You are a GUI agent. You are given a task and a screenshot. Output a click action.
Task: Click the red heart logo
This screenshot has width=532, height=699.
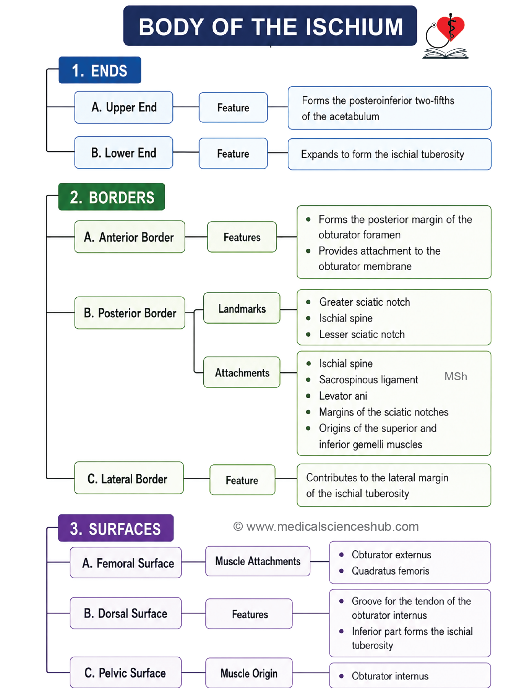(x=451, y=28)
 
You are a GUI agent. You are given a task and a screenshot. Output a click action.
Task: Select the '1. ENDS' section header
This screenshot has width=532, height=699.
(x=100, y=70)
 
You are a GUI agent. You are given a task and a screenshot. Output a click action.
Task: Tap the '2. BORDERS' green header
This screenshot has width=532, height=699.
(x=112, y=197)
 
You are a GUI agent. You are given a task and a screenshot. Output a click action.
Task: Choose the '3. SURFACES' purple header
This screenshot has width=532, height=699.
(x=116, y=528)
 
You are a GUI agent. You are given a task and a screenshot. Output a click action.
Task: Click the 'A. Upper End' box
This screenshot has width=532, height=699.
(x=124, y=107)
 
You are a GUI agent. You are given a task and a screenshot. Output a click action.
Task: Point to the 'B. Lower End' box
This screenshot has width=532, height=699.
(x=124, y=153)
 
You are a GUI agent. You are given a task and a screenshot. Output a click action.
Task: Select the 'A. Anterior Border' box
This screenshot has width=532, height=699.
(x=130, y=237)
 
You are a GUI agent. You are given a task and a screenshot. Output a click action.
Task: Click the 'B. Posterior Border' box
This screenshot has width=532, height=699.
(x=130, y=313)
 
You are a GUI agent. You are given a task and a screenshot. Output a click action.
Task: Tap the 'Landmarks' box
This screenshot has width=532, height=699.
(x=242, y=308)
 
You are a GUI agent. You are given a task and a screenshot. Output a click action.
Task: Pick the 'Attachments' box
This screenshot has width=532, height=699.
(x=242, y=373)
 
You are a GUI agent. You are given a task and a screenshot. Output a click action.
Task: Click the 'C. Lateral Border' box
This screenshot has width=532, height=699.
(x=129, y=478)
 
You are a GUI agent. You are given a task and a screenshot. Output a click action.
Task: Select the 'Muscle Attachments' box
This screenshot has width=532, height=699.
(x=258, y=561)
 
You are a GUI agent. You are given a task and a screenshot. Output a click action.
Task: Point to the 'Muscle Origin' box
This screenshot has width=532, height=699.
(x=249, y=673)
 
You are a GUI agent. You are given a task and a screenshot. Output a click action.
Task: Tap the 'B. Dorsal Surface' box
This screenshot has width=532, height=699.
(x=126, y=613)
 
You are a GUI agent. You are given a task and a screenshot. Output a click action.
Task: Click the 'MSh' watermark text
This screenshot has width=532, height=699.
(x=456, y=377)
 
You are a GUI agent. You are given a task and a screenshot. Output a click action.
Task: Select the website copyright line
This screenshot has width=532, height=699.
(x=326, y=527)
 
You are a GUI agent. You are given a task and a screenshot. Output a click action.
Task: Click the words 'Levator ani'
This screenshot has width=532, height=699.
(x=343, y=396)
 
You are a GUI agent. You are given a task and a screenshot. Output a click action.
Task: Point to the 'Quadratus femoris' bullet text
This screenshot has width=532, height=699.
(x=391, y=571)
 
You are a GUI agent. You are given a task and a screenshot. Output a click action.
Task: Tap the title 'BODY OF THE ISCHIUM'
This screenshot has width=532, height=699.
(x=270, y=26)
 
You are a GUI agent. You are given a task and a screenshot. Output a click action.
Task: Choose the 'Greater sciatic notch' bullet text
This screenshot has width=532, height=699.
(x=365, y=302)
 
